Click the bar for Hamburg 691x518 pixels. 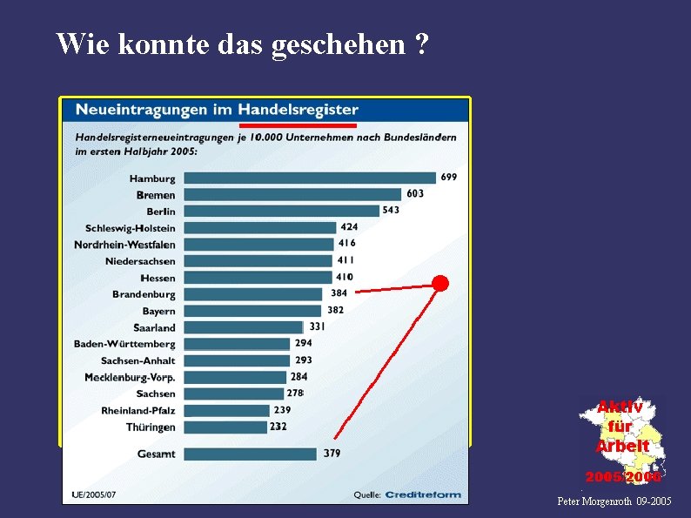point(310,178)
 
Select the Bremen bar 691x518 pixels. point(292,195)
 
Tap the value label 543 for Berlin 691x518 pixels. point(391,210)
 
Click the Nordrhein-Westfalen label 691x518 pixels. point(124,245)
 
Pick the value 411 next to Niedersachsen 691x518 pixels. point(346,259)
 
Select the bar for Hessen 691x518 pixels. point(258,278)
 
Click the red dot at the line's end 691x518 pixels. point(441,283)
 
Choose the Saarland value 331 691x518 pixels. point(317,326)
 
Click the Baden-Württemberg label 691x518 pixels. point(124,344)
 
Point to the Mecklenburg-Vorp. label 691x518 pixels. point(130,377)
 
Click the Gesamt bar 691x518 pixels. point(251,454)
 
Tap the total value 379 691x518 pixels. point(332,453)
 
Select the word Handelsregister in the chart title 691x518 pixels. point(298,110)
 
